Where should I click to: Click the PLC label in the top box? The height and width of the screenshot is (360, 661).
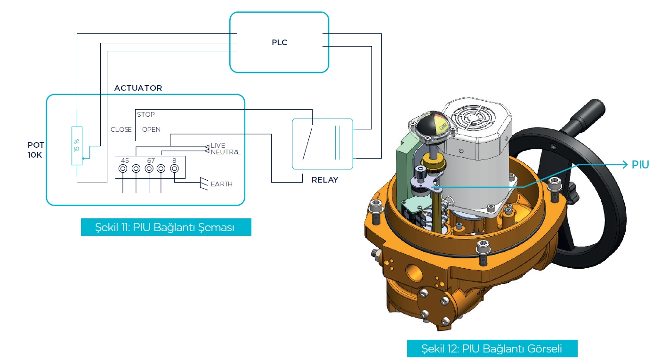[x=279, y=42]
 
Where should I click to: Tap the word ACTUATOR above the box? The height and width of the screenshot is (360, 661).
[x=138, y=88]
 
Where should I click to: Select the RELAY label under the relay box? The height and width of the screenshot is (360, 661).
[x=325, y=180]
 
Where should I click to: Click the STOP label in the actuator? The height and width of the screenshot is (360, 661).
[x=146, y=114]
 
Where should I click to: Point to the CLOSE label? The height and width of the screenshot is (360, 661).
[x=121, y=129]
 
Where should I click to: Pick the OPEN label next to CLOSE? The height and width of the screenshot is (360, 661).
[x=151, y=129]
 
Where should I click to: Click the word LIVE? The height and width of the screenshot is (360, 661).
[x=218, y=146]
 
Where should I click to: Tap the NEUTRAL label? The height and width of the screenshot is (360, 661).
[x=226, y=152]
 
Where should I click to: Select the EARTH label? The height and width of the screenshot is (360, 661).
[x=222, y=184]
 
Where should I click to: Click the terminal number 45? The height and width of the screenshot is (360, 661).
[x=125, y=160]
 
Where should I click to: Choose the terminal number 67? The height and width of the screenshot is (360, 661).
[x=150, y=160]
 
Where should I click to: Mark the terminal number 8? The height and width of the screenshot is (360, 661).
[x=174, y=160]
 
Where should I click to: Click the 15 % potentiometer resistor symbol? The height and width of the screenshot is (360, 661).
[x=76, y=146]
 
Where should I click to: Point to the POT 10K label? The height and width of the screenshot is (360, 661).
[x=35, y=150]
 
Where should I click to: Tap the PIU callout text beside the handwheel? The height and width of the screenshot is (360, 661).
[x=640, y=165]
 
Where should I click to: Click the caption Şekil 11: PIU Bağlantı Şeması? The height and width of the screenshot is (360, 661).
[x=166, y=227]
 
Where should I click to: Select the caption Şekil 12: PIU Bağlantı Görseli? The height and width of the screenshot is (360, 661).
[x=492, y=349]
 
